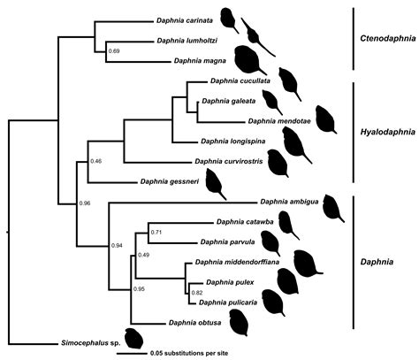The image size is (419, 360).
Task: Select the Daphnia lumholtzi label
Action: pos(189,41)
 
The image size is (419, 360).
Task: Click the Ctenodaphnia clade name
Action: pos(389,40)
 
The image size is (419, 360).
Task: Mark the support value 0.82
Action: pos(198,292)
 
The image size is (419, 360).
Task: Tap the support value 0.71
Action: pos(156,233)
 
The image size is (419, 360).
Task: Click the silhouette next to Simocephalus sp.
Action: pos(135,338)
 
